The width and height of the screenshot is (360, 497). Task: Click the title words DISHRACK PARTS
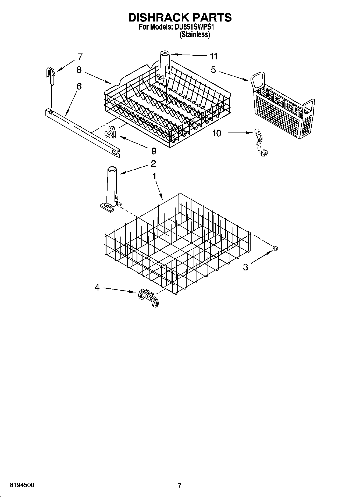[180, 17]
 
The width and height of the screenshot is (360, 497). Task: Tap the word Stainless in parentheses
[194, 34]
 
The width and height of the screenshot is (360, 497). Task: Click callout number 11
[213, 56]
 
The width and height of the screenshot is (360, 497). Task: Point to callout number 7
[80, 57]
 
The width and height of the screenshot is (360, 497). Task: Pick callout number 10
[217, 133]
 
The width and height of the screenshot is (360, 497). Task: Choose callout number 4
[97, 288]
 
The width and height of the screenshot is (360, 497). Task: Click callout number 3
[245, 267]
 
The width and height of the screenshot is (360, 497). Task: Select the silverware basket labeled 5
[282, 110]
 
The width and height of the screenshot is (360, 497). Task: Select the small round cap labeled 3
[275, 248]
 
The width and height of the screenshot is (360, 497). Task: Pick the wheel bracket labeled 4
[148, 298]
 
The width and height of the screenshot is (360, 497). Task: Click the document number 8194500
[22, 485]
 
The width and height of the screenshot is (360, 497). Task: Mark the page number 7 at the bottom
[180, 485]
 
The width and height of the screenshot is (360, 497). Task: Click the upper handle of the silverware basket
[258, 81]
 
